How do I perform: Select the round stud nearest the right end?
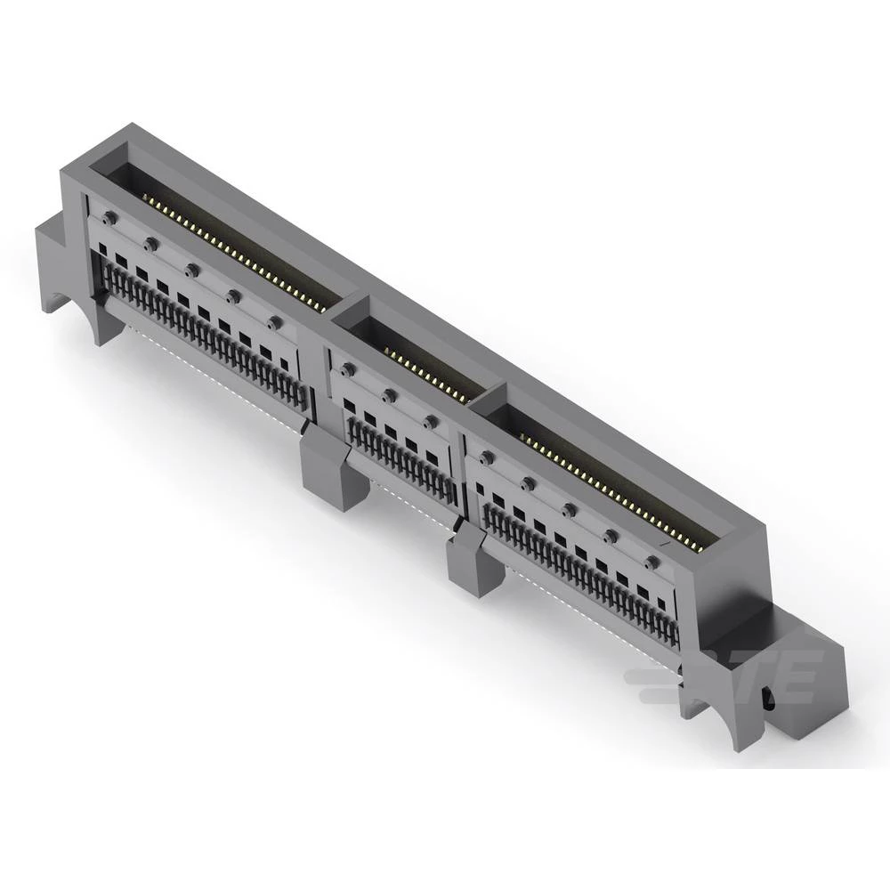coord(652,563)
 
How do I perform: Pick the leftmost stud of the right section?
coord(486,457)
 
